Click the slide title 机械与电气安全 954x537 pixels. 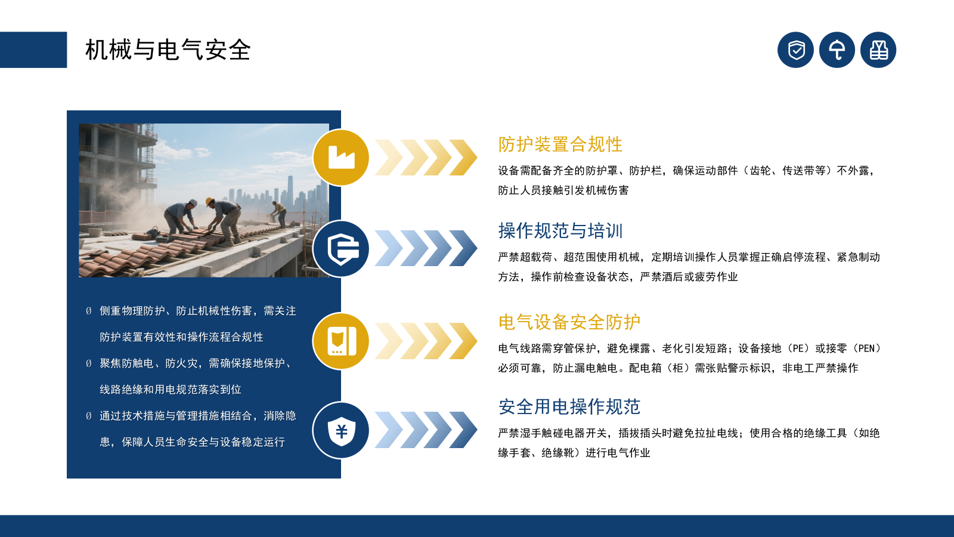168,50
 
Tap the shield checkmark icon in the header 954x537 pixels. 795,50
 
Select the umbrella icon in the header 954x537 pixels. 837,50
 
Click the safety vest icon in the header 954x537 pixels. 878,50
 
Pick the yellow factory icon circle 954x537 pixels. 341,158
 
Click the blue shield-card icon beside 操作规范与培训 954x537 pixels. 341,249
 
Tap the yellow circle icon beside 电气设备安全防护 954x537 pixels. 341,341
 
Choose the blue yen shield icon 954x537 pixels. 341,430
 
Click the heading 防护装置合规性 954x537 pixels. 560,144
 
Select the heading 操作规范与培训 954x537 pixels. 560,231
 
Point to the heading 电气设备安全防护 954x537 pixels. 569,322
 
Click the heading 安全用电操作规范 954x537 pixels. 569,407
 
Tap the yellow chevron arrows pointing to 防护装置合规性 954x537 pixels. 426,158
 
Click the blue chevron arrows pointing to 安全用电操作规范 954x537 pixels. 426,430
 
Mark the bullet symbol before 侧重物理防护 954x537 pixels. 89,311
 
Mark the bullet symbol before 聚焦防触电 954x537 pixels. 89,363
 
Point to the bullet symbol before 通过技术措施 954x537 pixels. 89,416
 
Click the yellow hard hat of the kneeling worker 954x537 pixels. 209,202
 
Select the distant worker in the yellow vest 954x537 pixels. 278,212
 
